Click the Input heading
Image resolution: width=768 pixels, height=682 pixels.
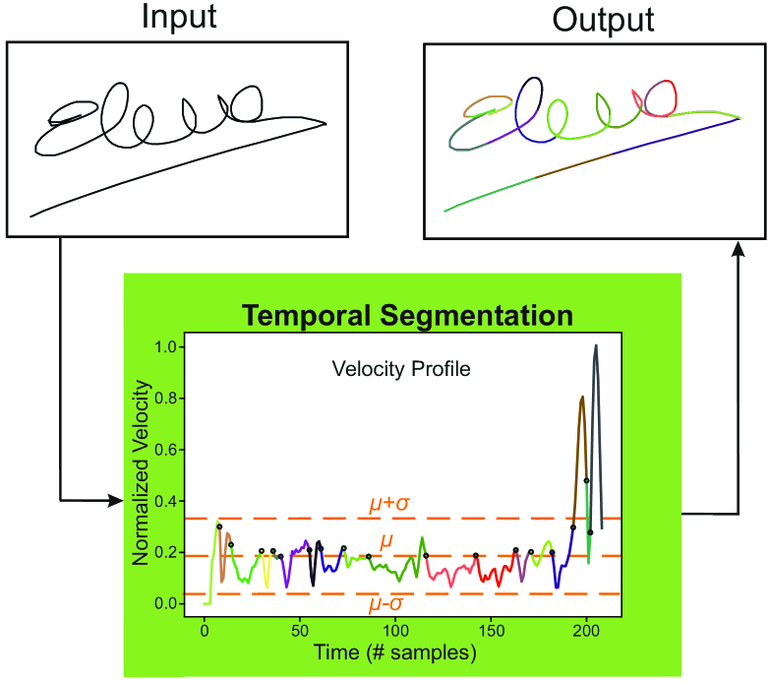(179, 18)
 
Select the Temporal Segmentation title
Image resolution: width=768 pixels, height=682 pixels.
(407, 316)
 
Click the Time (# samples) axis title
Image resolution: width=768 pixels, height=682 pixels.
(396, 652)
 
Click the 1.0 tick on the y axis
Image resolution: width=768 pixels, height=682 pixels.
(163, 347)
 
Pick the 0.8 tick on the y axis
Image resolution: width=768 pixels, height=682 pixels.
(163, 399)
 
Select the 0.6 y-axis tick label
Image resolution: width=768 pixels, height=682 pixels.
(163, 450)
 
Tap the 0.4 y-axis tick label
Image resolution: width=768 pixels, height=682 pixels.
(163, 501)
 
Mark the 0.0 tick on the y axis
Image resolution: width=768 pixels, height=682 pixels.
(163, 603)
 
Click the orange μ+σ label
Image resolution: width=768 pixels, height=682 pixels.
(389, 504)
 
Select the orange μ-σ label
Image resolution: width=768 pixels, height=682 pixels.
(389, 604)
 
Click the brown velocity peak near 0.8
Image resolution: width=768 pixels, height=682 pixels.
(582, 399)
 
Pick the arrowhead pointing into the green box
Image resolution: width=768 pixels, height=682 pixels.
(116, 502)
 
